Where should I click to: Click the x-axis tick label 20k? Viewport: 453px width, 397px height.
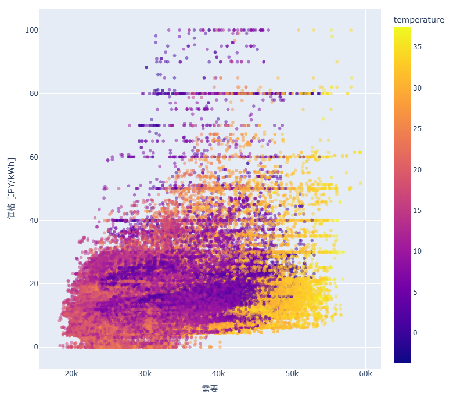click(71, 373)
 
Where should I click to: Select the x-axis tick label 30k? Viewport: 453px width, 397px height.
click(145, 373)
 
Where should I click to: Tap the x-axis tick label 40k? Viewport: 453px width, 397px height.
click(218, 373)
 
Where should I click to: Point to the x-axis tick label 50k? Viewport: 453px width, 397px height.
click(292, 373)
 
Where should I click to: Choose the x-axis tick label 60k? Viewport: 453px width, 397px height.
click(365, 373)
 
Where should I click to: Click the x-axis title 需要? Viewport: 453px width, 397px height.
click(210, 388)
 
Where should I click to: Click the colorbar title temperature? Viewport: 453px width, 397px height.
click(419, 20)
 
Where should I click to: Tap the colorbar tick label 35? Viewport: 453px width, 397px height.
click(418, 48)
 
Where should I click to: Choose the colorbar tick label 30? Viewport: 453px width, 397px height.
click(418, 88)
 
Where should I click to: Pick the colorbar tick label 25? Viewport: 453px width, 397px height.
click(418, 129)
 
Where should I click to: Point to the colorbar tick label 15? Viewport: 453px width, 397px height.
click(418, 210)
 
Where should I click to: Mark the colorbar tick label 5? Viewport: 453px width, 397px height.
click(416, 292)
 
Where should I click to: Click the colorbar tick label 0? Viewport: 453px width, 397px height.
click(416, 333)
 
